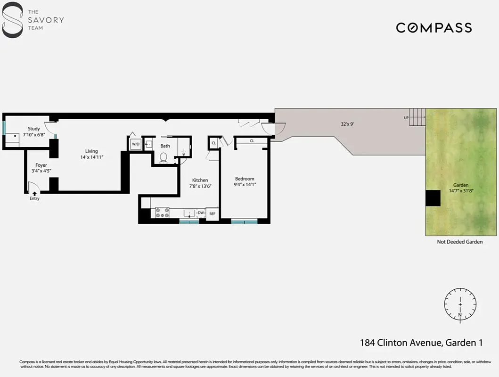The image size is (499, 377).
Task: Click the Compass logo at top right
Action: pos(434,28)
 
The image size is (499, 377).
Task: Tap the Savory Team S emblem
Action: pos(12,20)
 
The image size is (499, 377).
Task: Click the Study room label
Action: pos(33,129)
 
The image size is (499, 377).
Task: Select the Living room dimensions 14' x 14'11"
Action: pos(91,157)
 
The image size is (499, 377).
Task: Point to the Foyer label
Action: pos(41,165)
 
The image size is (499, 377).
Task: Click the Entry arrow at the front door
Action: pos(34,193)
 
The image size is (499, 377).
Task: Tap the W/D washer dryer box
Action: pos(136,144)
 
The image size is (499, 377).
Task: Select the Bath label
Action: pos(165,146)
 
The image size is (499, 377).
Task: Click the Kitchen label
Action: pos(200,180)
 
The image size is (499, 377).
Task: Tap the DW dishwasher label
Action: pos(201,213)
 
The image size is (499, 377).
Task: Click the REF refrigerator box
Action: pos(213,213)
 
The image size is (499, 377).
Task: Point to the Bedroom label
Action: pos(245,179)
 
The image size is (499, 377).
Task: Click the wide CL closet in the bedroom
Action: pos(252,140)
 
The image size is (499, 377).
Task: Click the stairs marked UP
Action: pos(417,117)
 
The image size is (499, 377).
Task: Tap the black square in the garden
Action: pos(433,198)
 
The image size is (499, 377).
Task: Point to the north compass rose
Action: pos(460,304)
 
